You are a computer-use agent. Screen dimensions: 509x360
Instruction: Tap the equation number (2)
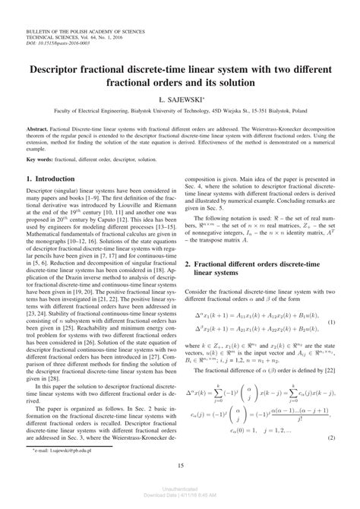(332, 438)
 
